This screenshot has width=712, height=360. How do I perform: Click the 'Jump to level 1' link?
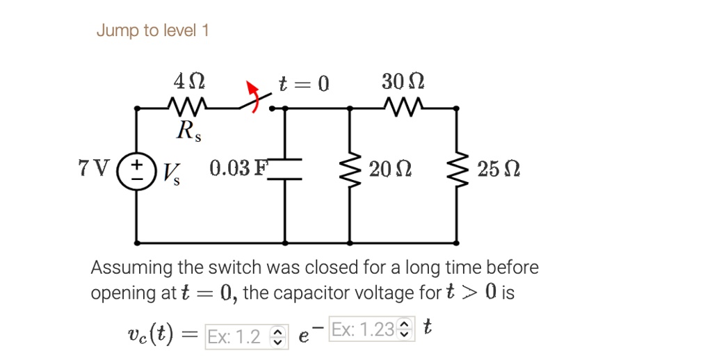tap(152, 31)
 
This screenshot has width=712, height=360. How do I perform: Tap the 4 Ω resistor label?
tap(189, 81)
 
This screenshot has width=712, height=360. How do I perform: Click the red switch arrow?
tap(253, 95)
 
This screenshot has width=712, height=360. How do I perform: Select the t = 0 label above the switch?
tap(304, 83)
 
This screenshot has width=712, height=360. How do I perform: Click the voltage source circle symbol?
tap(136, 171)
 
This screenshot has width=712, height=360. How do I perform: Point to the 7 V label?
tap(94, 168)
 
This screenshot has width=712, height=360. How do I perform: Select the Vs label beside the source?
tap(171, 174)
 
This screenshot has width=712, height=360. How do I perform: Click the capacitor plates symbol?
tap(284, 170)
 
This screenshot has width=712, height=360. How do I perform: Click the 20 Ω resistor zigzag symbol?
tap(349, 170)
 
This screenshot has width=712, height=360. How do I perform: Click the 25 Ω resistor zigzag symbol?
tap(456, 170)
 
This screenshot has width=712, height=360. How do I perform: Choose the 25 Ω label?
tap(498, 169)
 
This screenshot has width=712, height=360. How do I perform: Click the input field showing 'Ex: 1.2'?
tap(247, 337)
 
